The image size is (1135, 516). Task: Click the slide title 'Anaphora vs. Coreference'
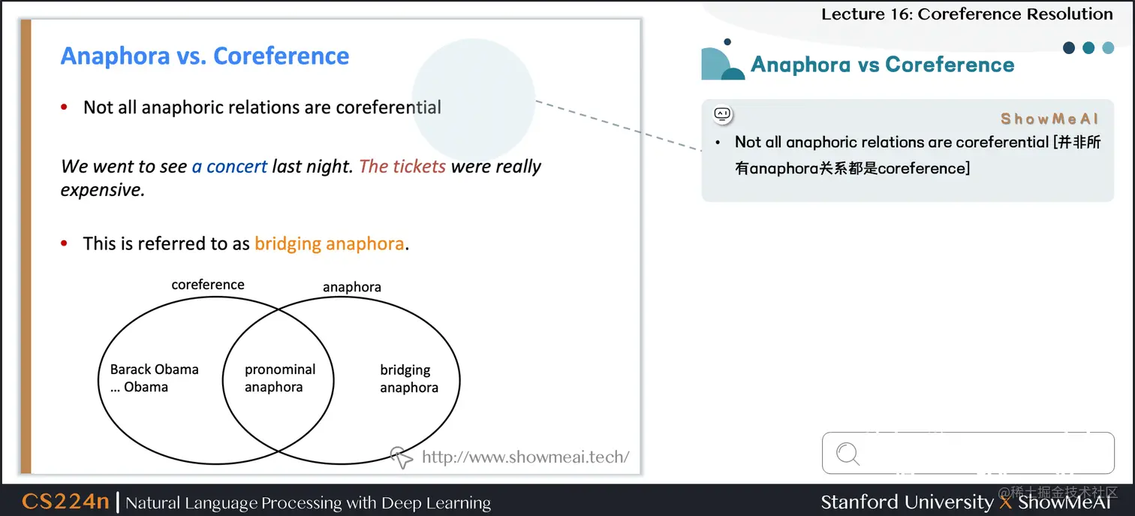point(205,56)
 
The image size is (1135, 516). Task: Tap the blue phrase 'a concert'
point(230,166)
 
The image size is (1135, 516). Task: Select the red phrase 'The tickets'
point(402,166)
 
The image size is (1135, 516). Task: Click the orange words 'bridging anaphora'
point(329,243)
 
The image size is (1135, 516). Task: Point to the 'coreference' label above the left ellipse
point(208,285)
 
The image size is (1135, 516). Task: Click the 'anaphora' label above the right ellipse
point(352,287)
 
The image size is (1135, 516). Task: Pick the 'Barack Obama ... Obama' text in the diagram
point(154,378)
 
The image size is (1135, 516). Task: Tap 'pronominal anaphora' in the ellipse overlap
point(279,378)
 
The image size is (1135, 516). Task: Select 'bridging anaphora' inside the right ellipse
point(408,379)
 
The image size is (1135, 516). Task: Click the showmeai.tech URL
point(525,457)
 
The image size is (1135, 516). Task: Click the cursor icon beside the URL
point(402,457)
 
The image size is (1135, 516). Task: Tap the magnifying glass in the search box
point(847,454)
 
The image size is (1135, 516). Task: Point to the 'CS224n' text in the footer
point(65,501)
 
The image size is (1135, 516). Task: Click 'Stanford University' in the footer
point(907,502)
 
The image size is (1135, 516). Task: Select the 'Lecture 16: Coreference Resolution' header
point(967,14)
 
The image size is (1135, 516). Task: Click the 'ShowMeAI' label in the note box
point(1049,119)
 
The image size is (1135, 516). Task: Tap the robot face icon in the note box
point(722,114)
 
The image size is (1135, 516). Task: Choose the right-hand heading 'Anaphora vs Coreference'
point(882,65)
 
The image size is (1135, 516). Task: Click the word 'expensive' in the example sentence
point(101,189)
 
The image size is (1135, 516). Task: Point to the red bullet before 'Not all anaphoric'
point(65,107)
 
